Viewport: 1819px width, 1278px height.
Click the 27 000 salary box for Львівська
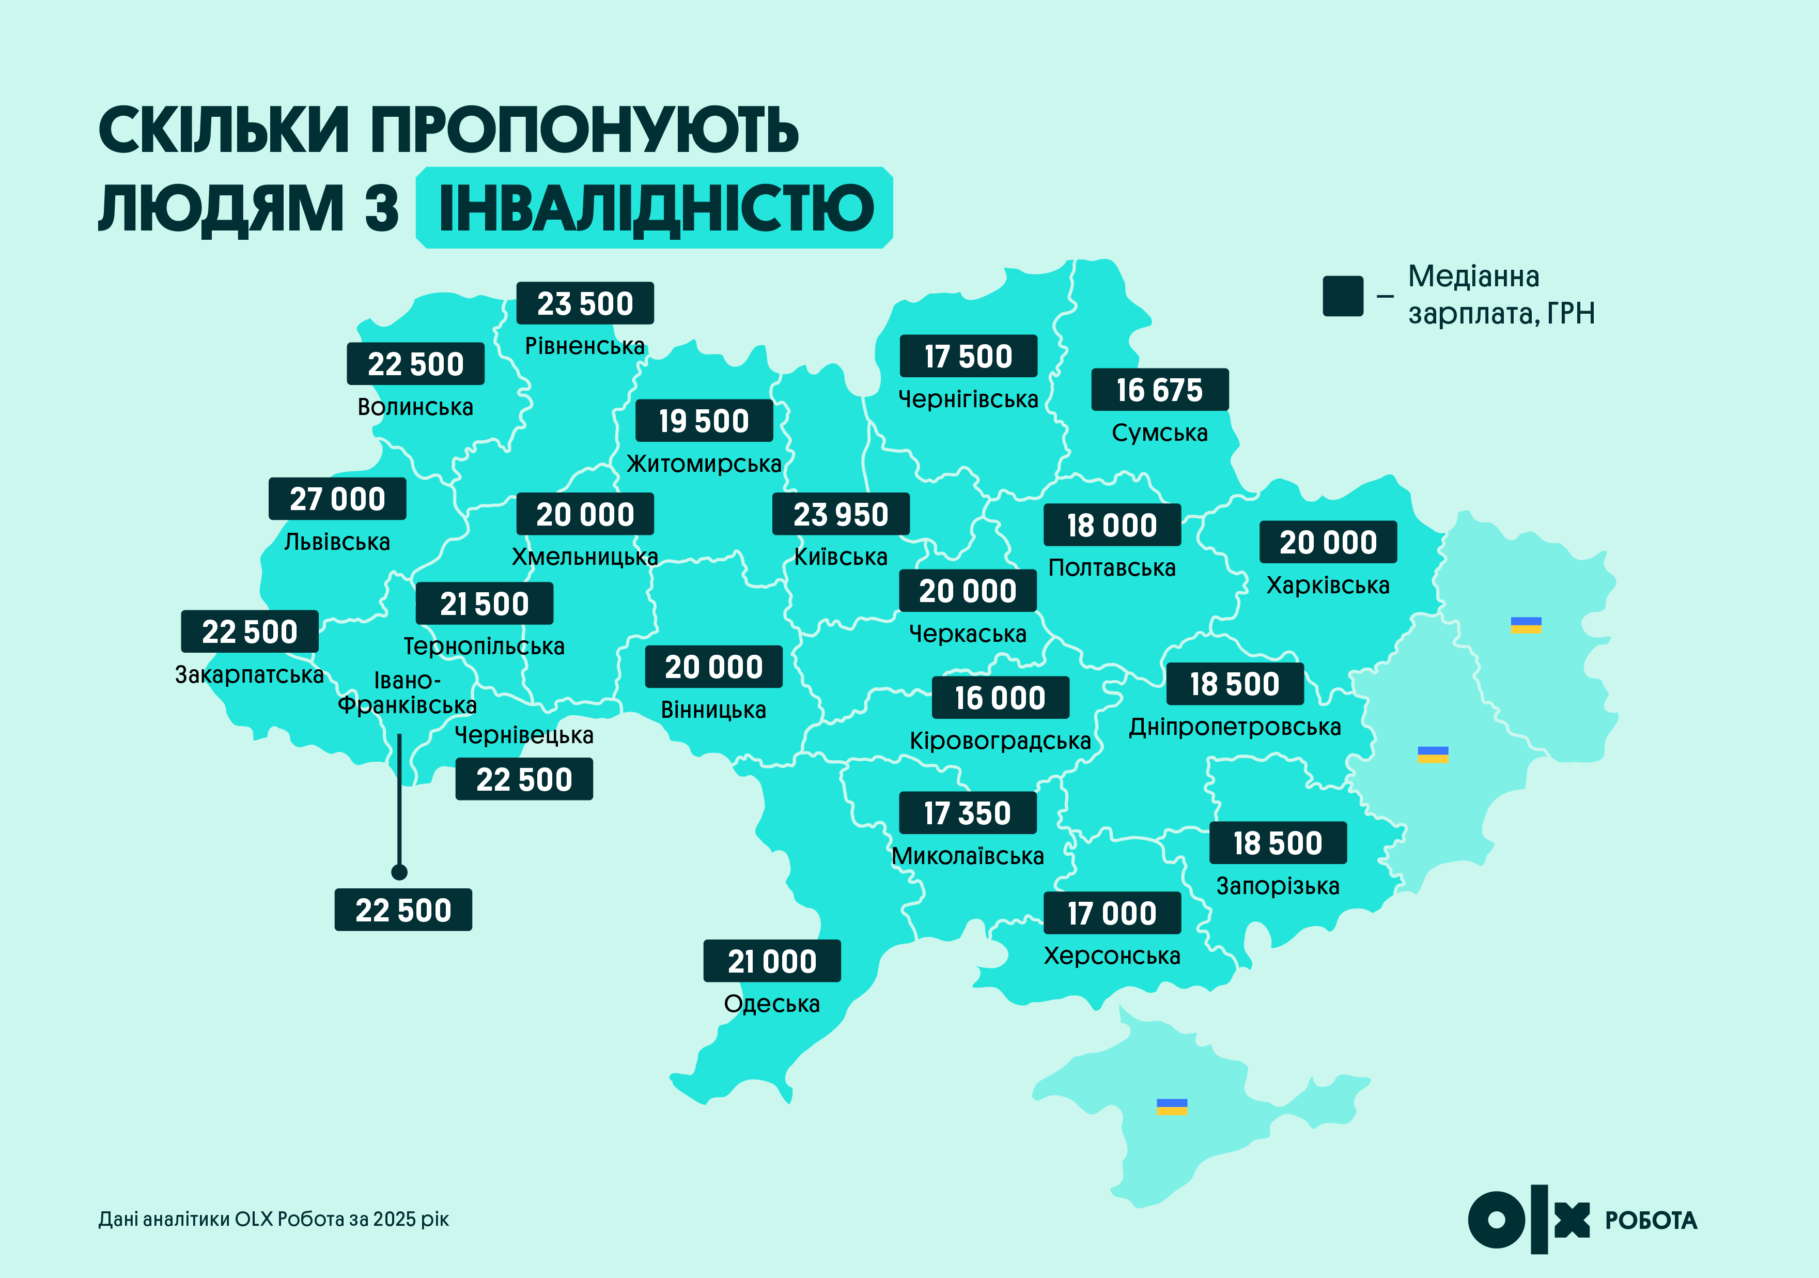point(337,499)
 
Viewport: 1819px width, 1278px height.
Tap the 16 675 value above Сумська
point(1160,390)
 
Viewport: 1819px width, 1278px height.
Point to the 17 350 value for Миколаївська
point(967,813)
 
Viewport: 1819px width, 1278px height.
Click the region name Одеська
point(772,1004)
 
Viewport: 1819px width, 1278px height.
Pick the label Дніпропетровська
point(1234,727)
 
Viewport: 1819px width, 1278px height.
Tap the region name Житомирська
point(704,464)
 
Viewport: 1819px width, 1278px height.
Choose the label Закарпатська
point(250,674)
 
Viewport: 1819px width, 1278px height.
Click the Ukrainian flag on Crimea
point(1172,1107)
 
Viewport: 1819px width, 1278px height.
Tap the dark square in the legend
point(1343,296)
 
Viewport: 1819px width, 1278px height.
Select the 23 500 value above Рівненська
point(585,303)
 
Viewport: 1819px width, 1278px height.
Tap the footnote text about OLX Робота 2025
point(273,1219)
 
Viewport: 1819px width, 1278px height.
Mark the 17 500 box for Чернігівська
point(968,357)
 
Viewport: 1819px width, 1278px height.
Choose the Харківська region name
point(1328,586)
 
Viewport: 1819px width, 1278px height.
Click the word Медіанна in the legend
point(1473,276)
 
